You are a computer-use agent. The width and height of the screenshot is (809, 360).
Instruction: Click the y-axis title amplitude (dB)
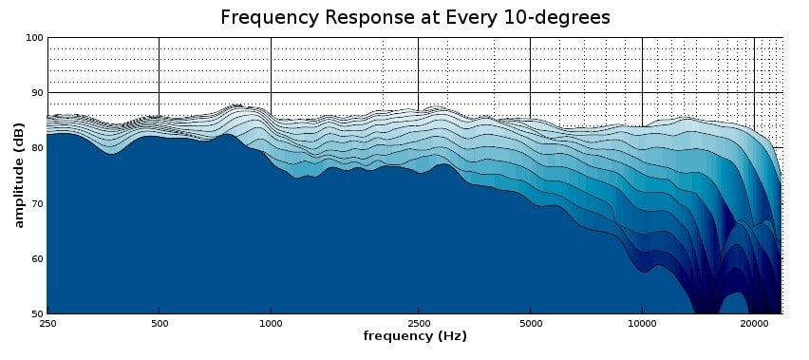19,175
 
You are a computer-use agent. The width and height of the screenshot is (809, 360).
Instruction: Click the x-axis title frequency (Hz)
415,336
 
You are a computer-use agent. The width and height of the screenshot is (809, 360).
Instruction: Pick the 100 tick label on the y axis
34,38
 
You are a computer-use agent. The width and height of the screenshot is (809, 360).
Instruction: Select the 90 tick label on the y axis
37,93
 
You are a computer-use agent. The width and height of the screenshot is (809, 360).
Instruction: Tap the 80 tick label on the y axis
37,148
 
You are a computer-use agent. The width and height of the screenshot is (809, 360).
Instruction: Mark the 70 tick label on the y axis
37,203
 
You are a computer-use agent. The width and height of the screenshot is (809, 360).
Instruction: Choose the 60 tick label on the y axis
37,259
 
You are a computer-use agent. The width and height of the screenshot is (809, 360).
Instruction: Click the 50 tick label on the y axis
37,313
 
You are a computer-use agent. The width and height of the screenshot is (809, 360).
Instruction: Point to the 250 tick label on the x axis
47,324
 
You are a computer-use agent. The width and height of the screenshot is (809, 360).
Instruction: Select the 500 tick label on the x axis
159,324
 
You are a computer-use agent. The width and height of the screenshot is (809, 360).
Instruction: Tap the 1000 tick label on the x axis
271,324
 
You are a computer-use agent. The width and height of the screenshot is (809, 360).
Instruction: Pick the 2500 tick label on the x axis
419,324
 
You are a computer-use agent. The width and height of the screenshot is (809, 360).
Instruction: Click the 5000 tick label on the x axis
531,324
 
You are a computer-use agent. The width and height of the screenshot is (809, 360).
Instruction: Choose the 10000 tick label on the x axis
642,324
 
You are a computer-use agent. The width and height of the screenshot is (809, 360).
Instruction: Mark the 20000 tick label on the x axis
754,324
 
